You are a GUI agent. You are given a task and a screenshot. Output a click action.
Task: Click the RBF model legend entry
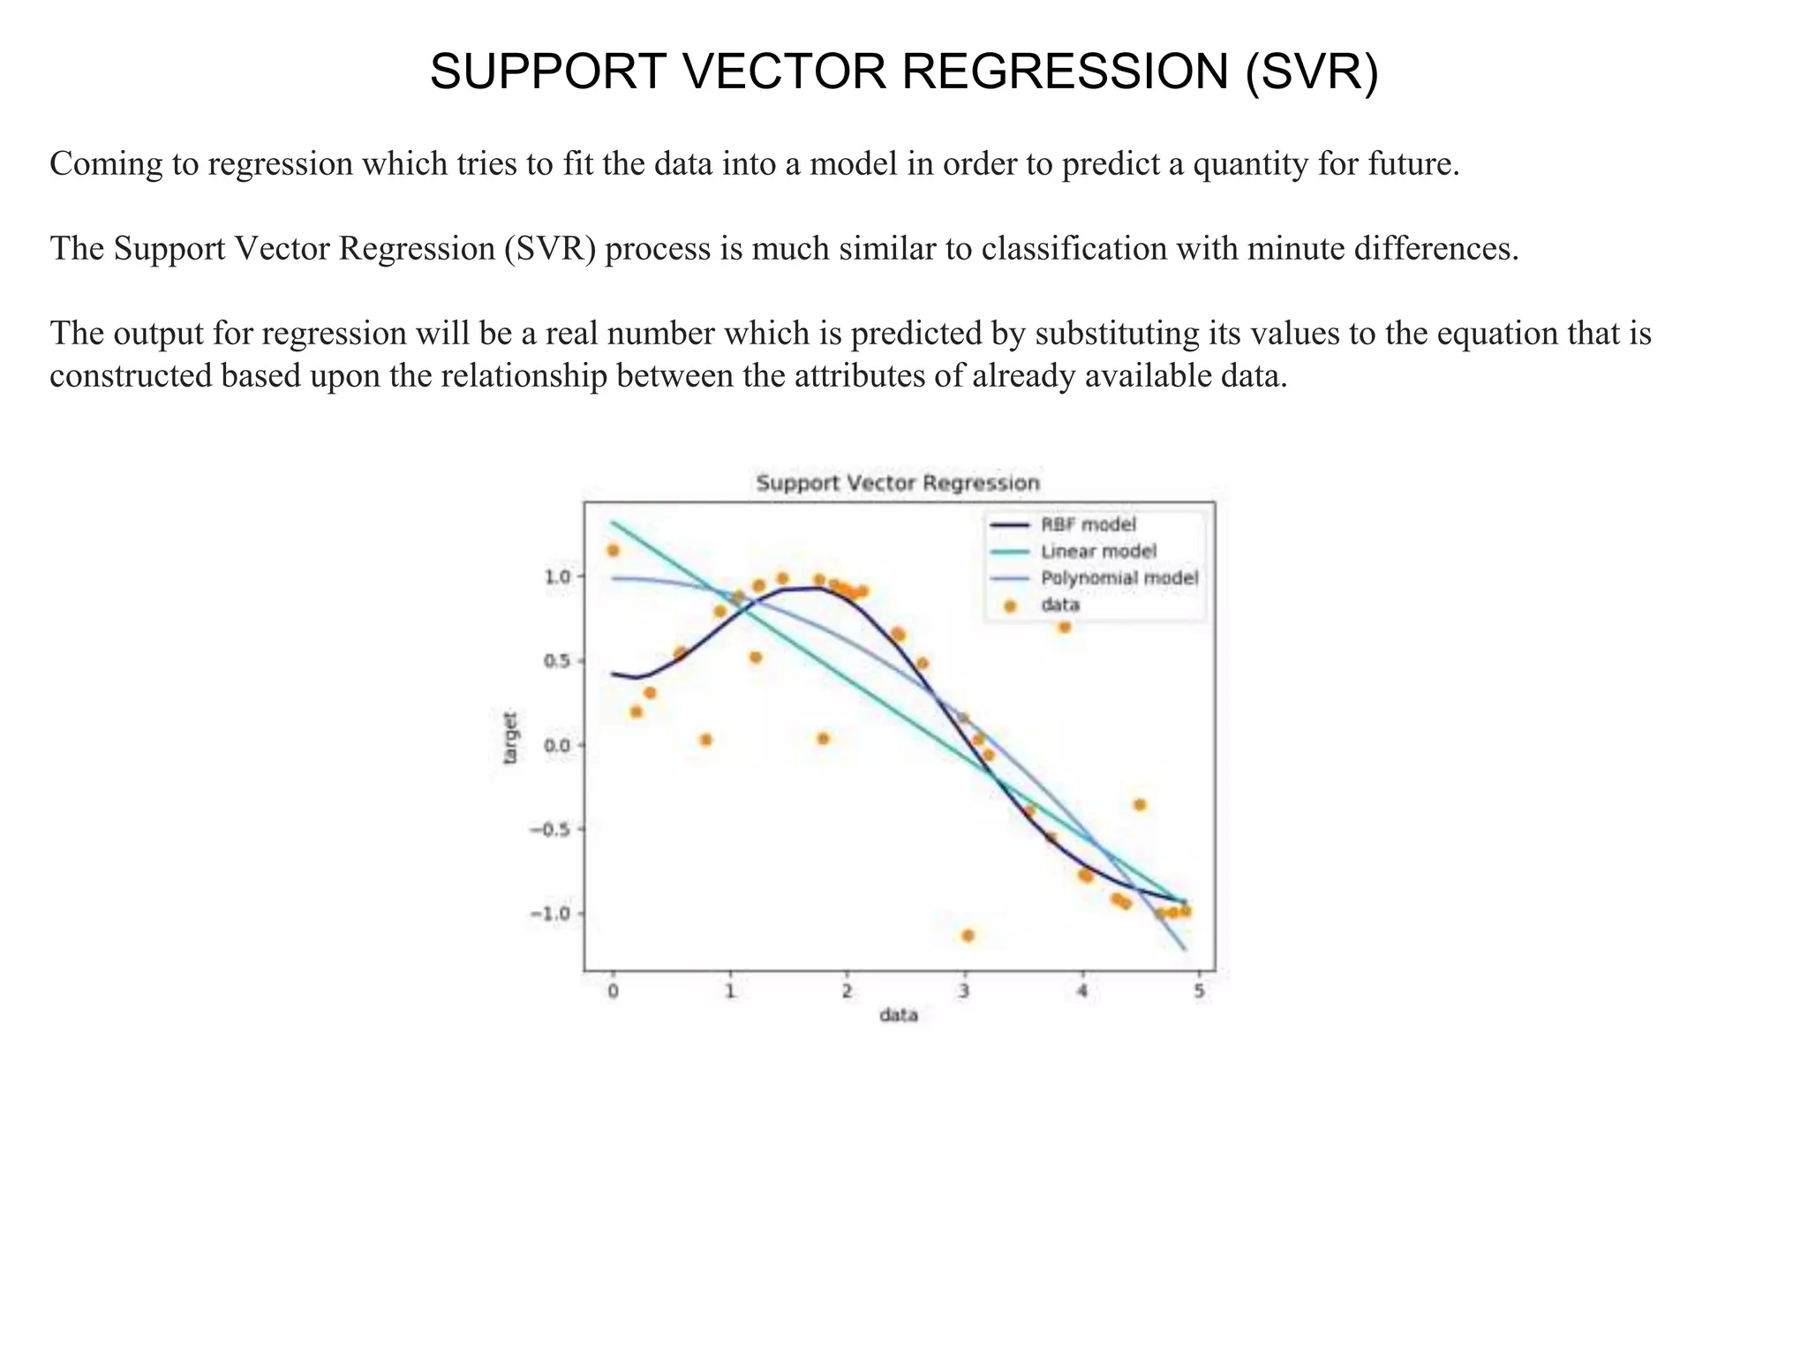tap(1088, 524)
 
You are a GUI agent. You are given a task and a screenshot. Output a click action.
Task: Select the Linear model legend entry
tap(1097, 551)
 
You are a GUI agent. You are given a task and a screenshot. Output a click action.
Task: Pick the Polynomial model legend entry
tap(1119, 578)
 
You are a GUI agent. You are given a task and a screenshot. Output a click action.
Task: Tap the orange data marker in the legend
tap(1010, 606)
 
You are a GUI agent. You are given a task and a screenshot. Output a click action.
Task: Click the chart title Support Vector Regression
tap(898, 483)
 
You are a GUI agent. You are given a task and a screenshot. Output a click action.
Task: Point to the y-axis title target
tap(510, 738)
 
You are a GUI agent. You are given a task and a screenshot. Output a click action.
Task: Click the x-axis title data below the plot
tap(898, 1015)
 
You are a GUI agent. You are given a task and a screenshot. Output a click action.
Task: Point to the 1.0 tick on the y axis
tap(558, 576)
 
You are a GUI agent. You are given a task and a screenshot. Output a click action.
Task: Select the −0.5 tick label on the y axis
tap(550, 829)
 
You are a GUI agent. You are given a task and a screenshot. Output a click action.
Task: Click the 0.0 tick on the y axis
tap(558, 745)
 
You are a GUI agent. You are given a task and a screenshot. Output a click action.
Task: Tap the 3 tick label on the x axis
tap(964, 991)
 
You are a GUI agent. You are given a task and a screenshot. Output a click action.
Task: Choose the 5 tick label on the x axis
tap(1199, 991)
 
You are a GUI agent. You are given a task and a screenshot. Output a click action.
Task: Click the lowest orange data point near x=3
tap(968, 936)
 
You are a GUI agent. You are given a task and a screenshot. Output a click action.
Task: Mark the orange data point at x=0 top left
tap(613, 551)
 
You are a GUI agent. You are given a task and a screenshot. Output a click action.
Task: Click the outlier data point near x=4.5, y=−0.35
tap(1140, 805)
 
